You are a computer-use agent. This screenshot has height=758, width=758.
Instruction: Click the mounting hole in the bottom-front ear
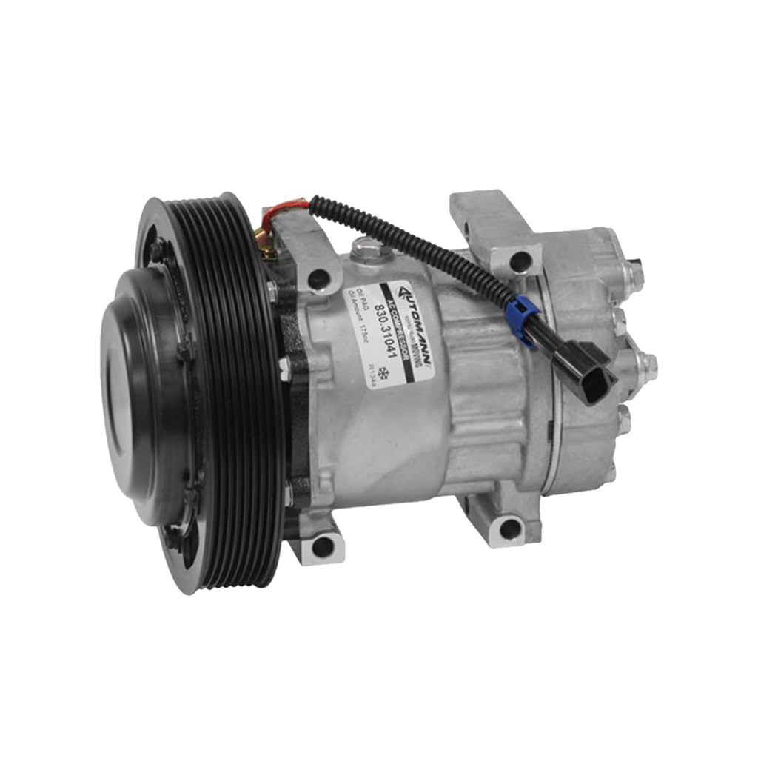(x=321, y=546)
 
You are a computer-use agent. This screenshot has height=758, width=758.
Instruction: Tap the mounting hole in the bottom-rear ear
(x=509, y=527)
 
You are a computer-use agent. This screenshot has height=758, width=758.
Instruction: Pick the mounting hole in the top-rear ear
(x=520, y=260)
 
